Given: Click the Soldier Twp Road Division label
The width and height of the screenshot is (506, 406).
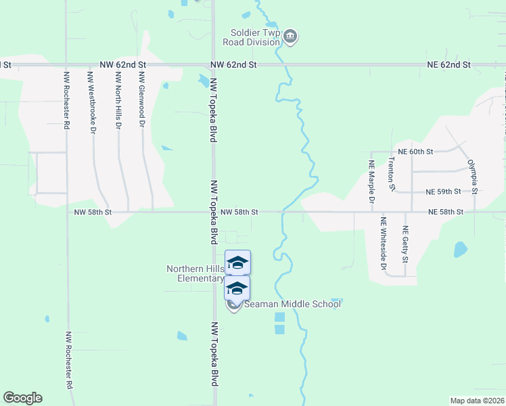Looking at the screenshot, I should point(255,37).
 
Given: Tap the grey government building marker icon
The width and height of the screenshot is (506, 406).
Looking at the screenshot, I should point(290,36).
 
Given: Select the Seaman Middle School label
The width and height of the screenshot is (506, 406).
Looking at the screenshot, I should point(292,304).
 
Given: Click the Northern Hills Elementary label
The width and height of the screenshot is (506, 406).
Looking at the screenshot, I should point(195,273).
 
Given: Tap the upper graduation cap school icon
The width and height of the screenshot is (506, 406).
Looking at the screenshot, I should point(237,263).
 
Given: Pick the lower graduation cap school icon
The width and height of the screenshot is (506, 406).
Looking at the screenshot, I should point(237,288).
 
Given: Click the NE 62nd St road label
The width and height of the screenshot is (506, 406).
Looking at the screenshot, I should point(448,64).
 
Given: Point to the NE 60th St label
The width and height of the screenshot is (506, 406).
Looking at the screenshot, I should point(415,152).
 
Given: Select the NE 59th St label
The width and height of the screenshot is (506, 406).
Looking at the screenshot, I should point(443,192).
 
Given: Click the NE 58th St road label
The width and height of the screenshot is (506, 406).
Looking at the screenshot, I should point(445,212).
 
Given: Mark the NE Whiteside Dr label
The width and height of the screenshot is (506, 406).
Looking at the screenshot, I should point(383,244).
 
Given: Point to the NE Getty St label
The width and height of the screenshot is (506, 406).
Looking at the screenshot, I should point(405,244).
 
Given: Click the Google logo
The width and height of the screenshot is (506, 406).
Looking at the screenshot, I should point(22,398).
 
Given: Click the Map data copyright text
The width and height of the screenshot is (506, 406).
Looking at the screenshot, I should point(477,401).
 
